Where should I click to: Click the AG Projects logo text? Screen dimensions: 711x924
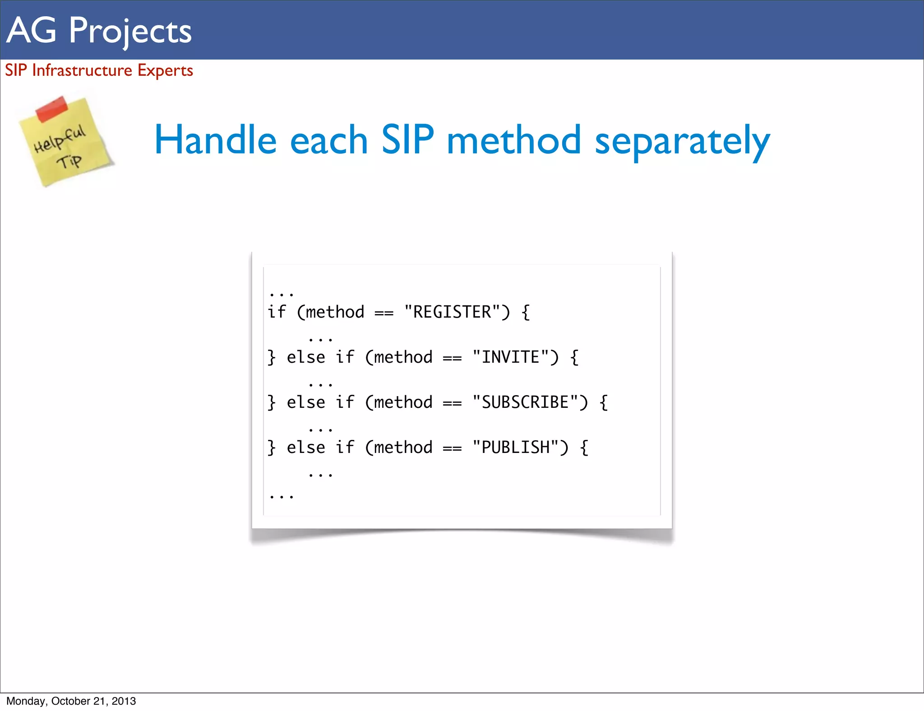coord(99,31)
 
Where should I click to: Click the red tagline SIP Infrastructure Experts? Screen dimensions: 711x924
coord(99,70)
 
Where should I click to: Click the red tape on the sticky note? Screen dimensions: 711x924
coord(51,109)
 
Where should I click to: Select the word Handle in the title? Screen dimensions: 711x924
coord(215,140)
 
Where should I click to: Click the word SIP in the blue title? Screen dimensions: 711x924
coord(407,140)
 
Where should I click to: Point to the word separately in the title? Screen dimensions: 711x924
coord(682,141)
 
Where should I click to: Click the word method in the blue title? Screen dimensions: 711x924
coord(513,140)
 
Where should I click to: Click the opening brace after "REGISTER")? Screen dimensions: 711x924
coord(526,312)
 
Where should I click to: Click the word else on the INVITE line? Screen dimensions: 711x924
coord(306,357)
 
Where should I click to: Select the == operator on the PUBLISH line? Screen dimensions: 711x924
coord(452,448)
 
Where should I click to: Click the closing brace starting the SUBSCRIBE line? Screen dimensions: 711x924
coord(271,402)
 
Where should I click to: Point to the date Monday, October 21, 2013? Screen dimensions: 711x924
coord(71,701)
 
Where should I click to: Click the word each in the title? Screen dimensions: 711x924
coord(329,140)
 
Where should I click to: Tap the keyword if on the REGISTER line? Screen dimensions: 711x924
coord(277,312)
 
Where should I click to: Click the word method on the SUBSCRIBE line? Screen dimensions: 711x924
coord(403,402)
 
